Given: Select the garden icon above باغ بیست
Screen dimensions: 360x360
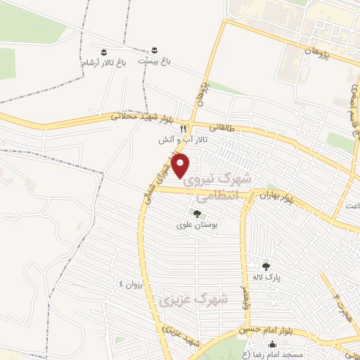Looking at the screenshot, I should click(154, 51).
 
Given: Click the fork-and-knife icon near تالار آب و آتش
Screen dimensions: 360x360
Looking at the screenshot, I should click(183, 129).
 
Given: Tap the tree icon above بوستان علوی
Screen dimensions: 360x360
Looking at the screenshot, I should click(196, 214).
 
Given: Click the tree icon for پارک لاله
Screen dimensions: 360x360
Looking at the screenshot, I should click(266, 266).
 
